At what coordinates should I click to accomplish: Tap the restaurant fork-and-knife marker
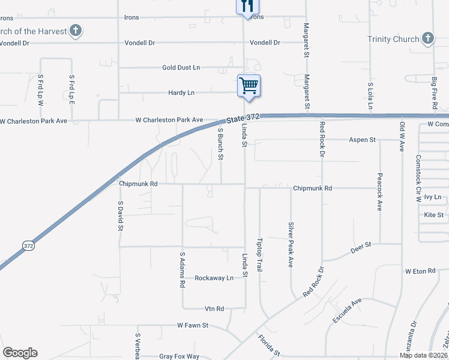coord(247,5)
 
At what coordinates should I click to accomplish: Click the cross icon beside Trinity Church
coord(427,39)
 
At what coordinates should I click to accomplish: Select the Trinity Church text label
coord(393,40)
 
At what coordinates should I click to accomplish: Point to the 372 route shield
coord(28,245)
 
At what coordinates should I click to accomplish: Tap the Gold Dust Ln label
coord(181,68)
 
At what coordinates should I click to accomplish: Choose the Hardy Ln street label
coord(181,93)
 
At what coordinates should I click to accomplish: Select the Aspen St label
coord(362,140)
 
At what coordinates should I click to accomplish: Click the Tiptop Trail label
coord(260,254)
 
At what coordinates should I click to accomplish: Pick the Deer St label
coord(364,245)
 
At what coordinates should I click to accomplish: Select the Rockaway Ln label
coord(214,278)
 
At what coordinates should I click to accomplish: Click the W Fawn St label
coord(192,325)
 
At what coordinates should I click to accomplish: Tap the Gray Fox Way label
coord(179,356)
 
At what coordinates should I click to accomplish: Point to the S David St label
coord(120,216)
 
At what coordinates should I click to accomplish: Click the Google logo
coord(20,353)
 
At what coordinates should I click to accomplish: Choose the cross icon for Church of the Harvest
coord(75,30)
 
